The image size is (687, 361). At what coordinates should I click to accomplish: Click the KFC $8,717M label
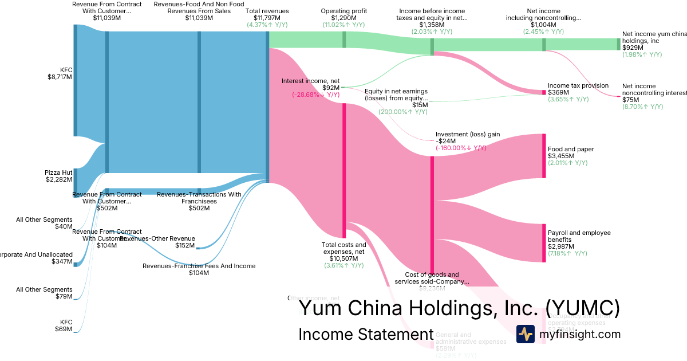[x=60, y=73]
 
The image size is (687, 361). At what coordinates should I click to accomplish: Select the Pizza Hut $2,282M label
[x=59, y=176]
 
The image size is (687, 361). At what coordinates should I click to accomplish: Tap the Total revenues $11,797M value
[x=267, y=18]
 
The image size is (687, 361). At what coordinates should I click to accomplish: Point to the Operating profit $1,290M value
[x=343, y=18]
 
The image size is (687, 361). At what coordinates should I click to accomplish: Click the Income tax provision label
[x=578, y=85]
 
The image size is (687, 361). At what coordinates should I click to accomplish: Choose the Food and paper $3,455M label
[x=571, y=152]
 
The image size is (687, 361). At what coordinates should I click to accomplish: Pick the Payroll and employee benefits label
[x=579, y=236]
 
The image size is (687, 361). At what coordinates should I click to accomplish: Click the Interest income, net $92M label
[x=311, y=84]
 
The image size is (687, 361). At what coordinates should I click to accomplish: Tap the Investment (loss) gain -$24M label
[x=467, y=138]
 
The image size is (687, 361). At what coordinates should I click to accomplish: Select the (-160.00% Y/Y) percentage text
[x=460, y=148]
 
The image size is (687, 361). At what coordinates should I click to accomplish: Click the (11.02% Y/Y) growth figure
[x=343, y=25]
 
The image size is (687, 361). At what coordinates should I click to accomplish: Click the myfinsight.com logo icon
[x=525, y=334]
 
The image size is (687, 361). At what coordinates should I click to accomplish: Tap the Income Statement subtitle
[x=366, y=334]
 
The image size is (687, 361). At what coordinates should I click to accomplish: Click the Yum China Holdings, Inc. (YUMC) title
[x=459, y=308]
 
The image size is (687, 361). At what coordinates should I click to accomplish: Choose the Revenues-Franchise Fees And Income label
[x=199, y=266]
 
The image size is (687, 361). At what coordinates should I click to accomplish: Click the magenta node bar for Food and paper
[x=544, y=156]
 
